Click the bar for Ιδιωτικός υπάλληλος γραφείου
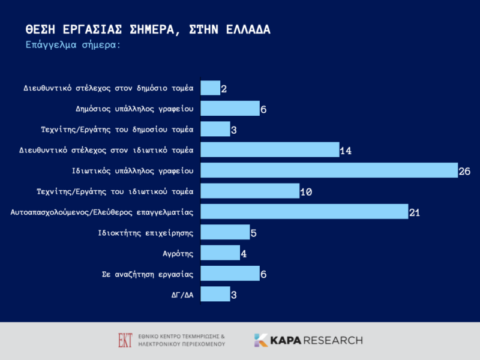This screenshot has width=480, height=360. coord(329,170)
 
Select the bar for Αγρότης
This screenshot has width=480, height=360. coord(220,253)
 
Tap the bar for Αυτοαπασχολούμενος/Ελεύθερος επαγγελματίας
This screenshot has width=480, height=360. coord(304,212)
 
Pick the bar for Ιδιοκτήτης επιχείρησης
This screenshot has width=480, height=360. coord(224,232)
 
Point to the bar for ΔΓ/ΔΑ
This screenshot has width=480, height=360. coord(215,294)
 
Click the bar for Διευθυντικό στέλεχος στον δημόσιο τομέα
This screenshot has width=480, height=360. coord(210,88)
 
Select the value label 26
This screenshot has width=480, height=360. coord(464,172)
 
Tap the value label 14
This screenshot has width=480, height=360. coord(345,151)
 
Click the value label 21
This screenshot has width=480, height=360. coord(415,212)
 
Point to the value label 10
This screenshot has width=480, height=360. coord(306,192)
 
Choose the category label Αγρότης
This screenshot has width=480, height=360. coord(178,253)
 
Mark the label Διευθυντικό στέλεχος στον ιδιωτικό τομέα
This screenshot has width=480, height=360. coord(108,150)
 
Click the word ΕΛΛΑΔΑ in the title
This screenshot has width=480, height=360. coord(239,29)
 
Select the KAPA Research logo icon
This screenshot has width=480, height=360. coord(261,340)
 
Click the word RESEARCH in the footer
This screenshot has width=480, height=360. coord(333,340)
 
